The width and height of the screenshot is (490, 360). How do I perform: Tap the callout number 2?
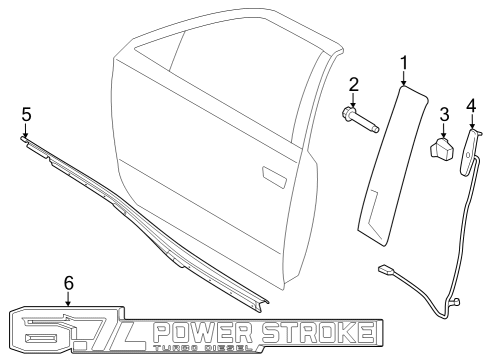coord(354,84)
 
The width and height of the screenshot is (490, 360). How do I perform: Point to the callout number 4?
coord(470,103)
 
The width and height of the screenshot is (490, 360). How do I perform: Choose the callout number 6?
coord(68,284)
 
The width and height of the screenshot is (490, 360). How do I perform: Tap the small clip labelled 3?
coord(442,149)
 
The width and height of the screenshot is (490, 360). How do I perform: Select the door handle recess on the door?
coord(273,176)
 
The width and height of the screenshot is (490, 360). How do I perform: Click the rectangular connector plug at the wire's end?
coord(387,270)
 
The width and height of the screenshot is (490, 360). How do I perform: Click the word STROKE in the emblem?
coord(320,332)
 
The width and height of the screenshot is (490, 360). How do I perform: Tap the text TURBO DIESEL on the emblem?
coord(210,349)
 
